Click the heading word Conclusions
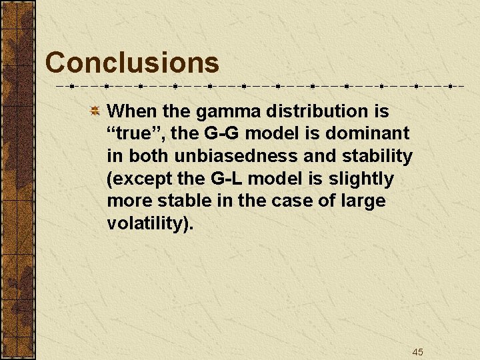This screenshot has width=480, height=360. [x=132, y=63]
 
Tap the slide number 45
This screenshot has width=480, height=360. [x=417, y=352]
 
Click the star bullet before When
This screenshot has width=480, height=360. [x=95, y=111]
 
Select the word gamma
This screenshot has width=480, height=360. [x=223, y=111]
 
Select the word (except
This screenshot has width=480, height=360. [x=140, y=179]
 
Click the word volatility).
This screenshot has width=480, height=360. [x=150, y=224]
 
